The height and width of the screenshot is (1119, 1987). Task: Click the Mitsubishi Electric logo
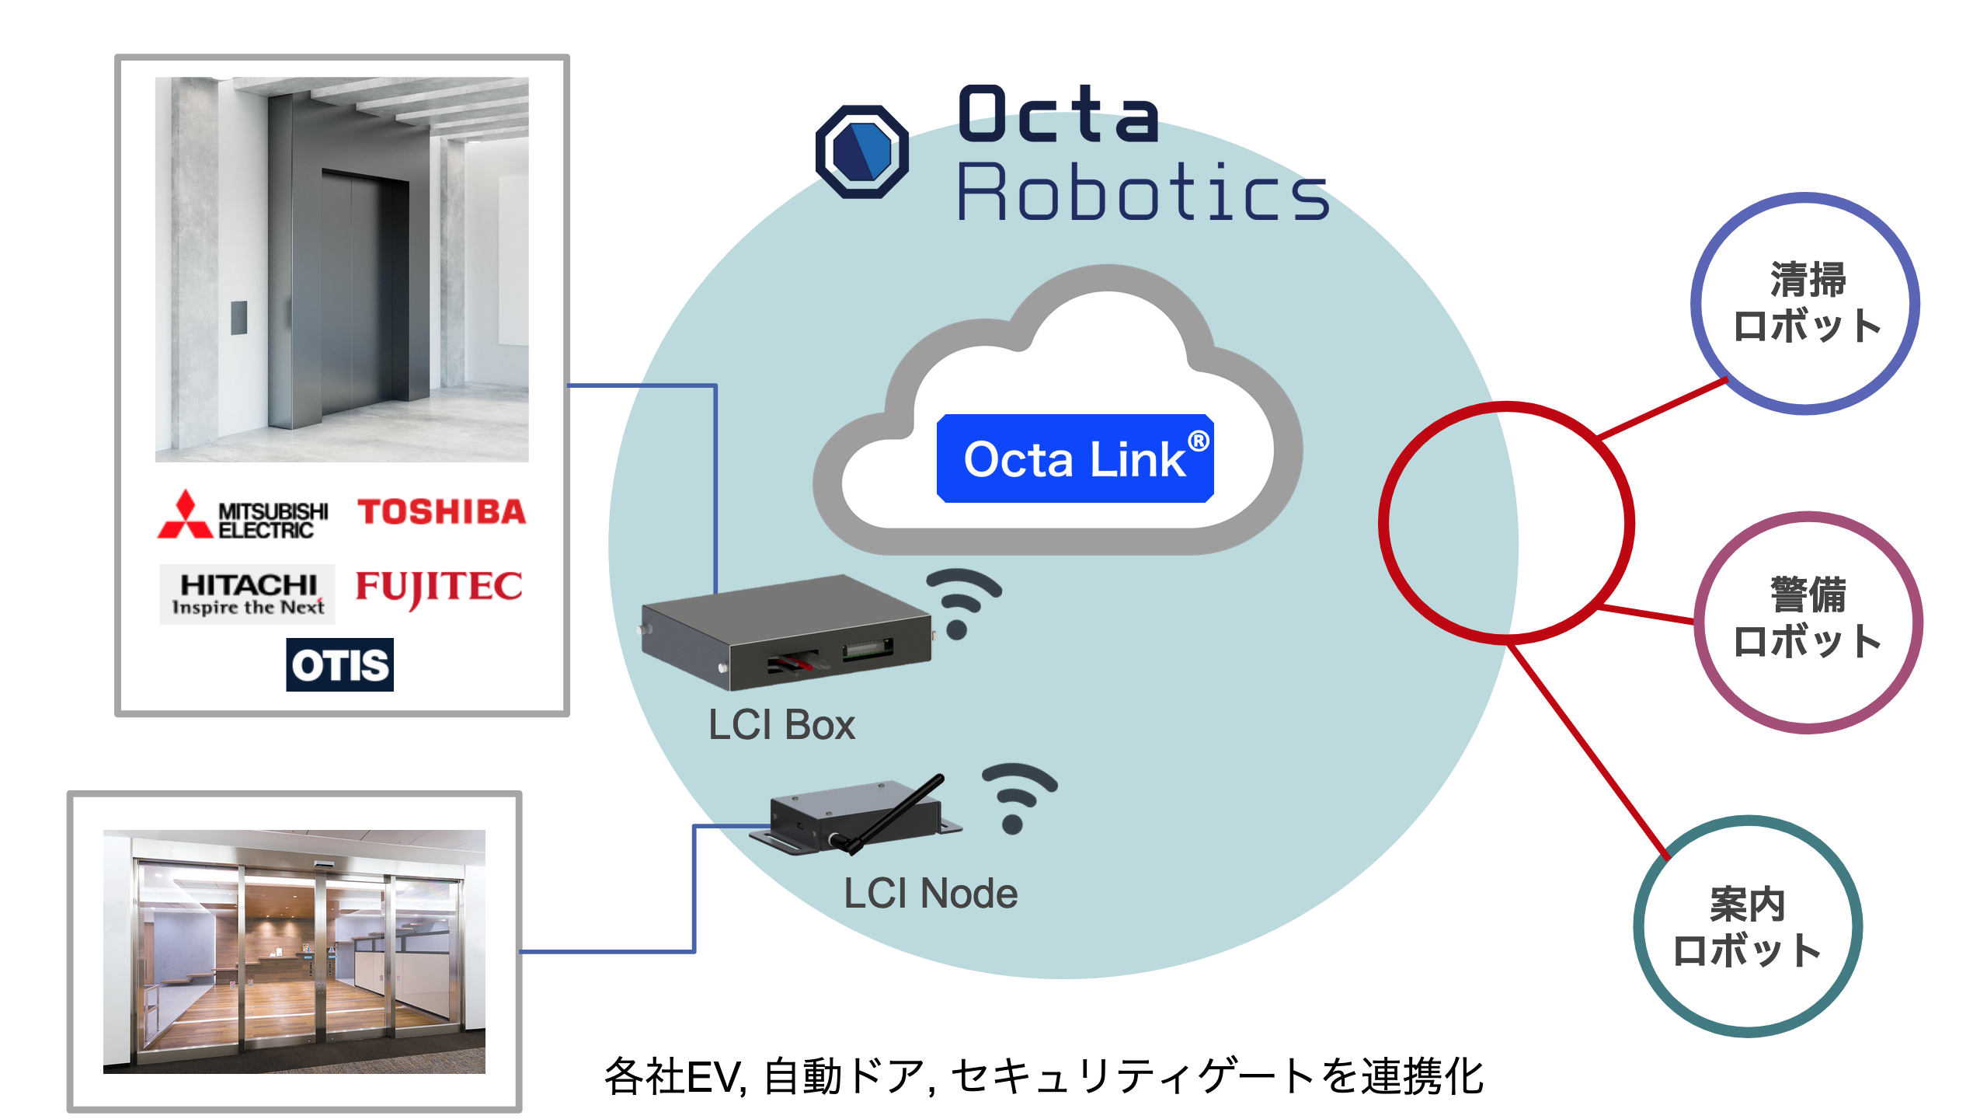[243, 516]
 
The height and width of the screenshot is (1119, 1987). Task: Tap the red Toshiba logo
[441, 512]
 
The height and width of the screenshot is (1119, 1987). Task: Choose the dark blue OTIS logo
[339, 665]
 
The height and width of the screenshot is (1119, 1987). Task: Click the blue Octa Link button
[1075, 458]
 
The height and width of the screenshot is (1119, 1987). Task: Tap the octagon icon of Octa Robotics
[862, 152]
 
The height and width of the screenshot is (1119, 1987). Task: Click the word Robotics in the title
[1142, 193]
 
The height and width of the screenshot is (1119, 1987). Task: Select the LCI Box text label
[781, 725]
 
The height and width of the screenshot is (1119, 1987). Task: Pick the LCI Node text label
[931, 894]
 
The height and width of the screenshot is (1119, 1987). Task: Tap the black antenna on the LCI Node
[901, 812]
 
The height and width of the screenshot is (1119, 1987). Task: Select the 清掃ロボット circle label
[1806, 303]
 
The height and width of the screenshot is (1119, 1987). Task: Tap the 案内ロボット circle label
[1747, 927]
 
